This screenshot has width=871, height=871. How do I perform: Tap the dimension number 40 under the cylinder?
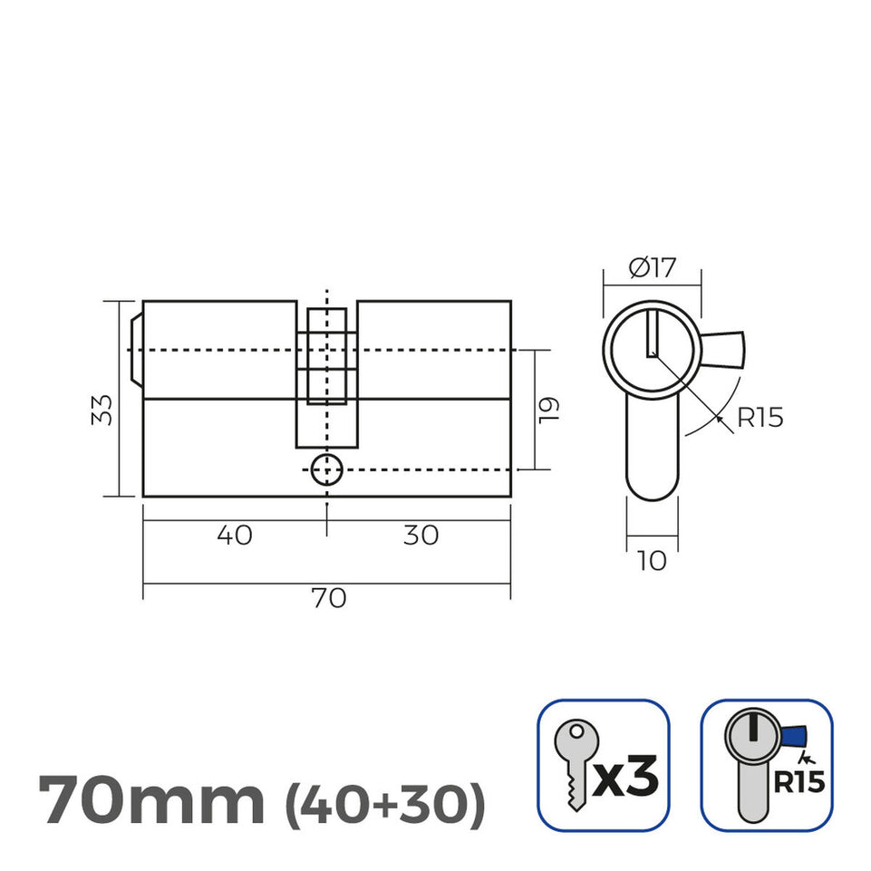tap(235, 536)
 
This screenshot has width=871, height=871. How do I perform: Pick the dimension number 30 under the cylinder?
tap(421, 536)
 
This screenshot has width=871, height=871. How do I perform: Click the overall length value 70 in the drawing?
tap(328, 598)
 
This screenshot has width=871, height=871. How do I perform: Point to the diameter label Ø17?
tap(652, 267)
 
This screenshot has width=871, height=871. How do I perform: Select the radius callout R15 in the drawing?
tap(760, 418)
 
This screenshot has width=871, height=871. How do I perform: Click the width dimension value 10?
tap(652, 561)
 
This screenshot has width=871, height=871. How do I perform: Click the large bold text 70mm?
tap(151, 798)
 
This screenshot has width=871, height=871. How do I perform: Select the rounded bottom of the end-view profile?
tap(652, 485)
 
